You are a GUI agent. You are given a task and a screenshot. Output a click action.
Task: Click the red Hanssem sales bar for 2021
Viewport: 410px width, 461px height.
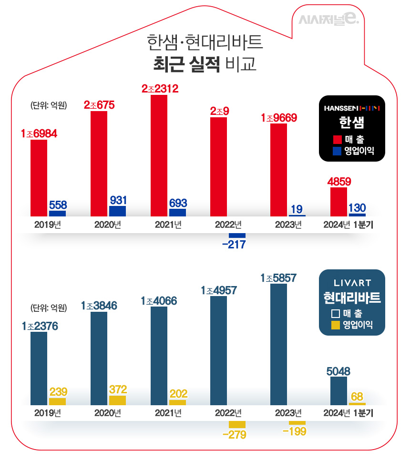click(x=159, y=155)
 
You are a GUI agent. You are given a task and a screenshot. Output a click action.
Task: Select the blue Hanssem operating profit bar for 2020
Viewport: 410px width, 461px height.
click(x=117, y=211)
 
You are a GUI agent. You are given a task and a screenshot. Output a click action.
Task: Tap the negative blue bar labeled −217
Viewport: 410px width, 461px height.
click(x=237, y=236)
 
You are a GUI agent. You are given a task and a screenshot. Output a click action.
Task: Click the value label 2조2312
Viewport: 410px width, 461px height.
click(x=160, y=88)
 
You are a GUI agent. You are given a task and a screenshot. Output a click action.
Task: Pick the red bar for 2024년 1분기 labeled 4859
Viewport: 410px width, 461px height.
click(x=338, y=202)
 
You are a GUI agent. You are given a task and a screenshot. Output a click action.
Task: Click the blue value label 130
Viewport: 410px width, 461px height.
click(x=357, y=207)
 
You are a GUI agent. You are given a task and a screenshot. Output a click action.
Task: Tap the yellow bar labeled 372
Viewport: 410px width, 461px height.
click(x=117, y=400)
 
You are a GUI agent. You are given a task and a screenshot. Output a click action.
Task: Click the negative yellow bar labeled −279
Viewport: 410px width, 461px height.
click(x=237, y=424)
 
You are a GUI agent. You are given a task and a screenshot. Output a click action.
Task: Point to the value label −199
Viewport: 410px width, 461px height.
click(x=294, y=431)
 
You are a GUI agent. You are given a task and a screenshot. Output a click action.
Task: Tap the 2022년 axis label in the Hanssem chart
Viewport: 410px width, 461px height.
click(x=228, y=225)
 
